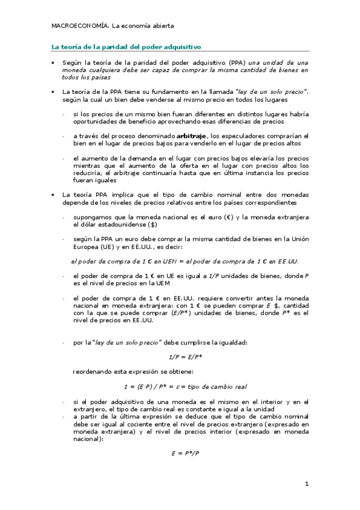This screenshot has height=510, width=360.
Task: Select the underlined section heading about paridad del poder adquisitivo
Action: [x=126, y=46]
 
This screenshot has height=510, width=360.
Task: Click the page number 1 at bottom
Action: [x=306, y=484]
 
